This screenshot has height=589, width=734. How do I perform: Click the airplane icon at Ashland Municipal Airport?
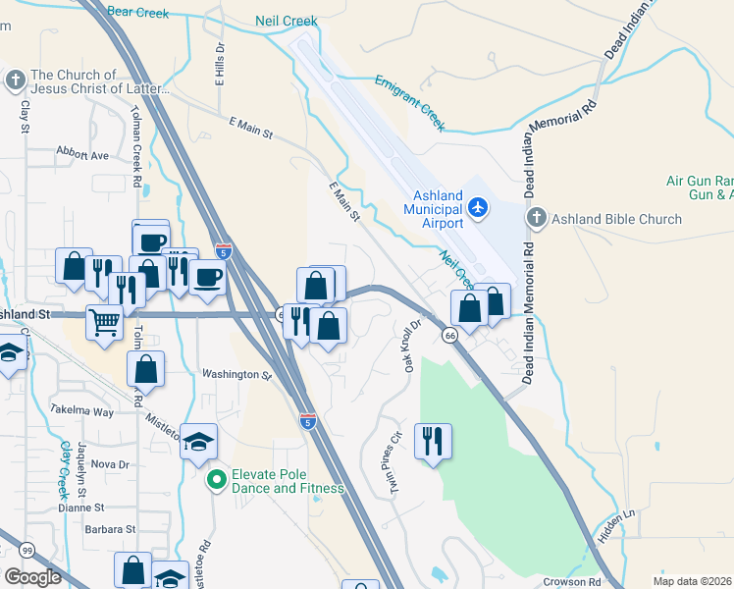[x=478, y=207]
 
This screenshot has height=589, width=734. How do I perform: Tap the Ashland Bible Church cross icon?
[x=536, y=218]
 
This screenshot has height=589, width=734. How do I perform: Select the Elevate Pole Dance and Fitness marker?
[x=216, y=480]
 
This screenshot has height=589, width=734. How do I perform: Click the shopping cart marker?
[x=104, y=321]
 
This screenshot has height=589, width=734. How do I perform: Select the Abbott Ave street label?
[x=82, y=155]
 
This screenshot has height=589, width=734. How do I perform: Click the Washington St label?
[x=236, y=374]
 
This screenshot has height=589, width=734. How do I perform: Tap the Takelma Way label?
[x=82, y=411]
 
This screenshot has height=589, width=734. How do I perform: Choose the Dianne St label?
[x=80, y=508]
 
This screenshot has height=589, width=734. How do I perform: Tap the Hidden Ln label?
[x=616, y=527]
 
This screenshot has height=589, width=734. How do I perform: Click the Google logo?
[x=32, y=577]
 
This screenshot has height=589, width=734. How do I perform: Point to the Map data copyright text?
[x=692, y=581]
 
